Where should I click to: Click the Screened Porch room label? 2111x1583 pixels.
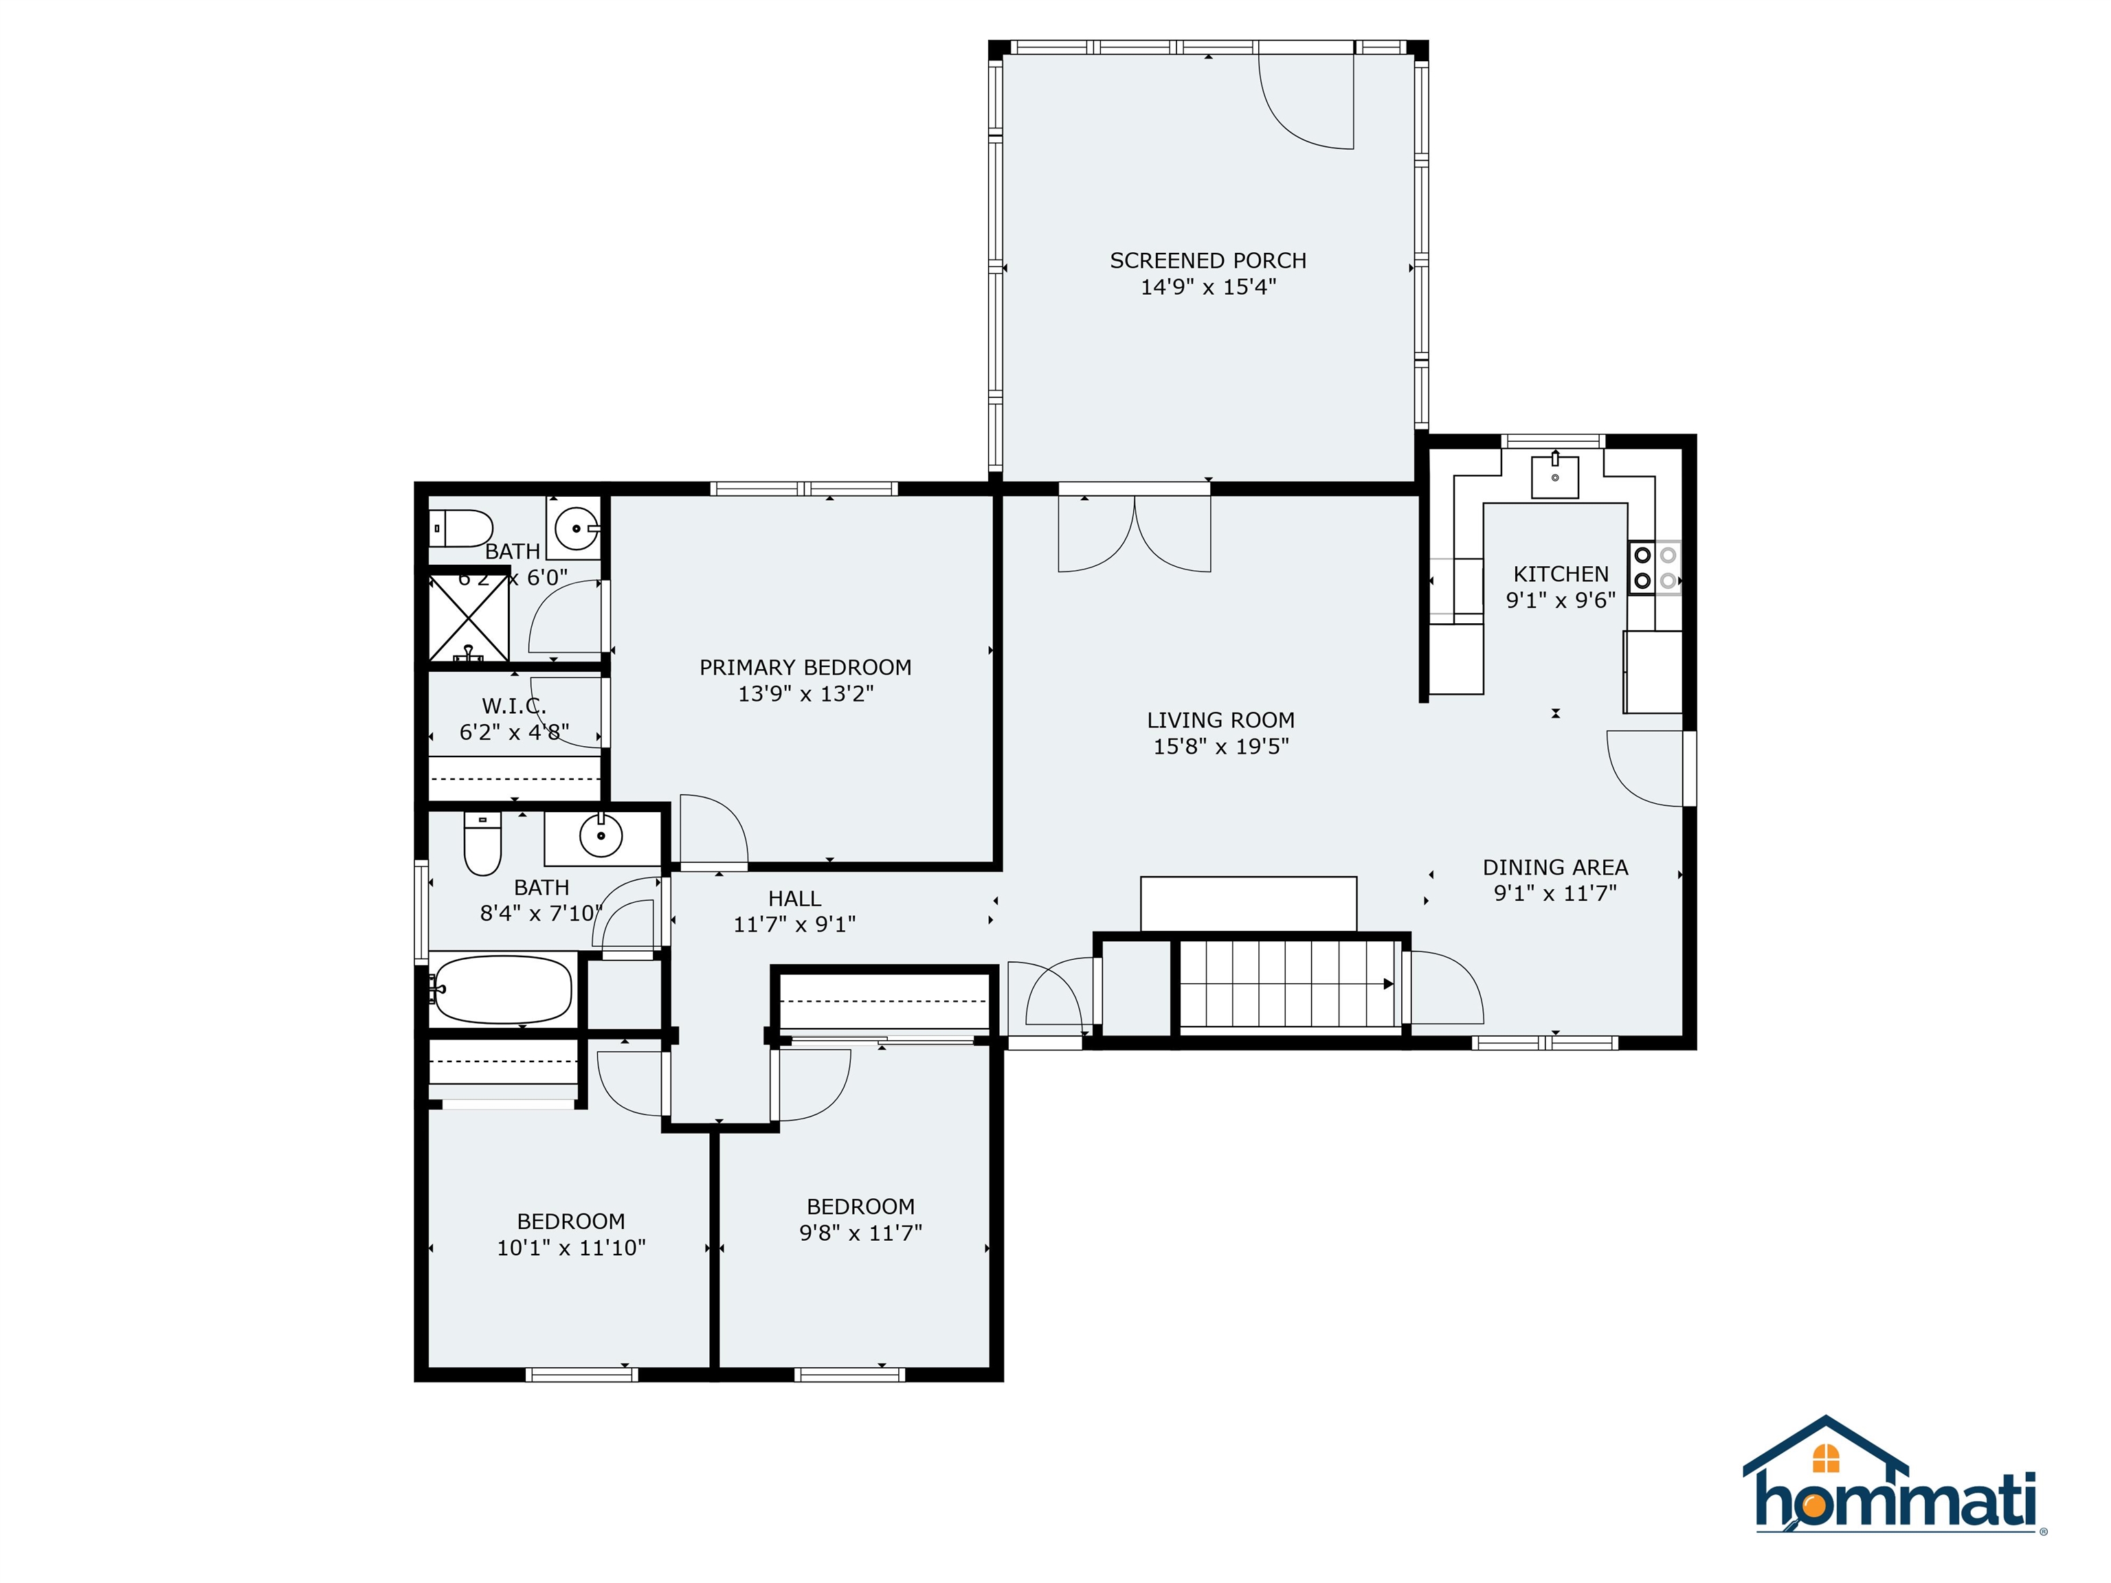(x=1207, y=260)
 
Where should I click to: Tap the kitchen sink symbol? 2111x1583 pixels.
(x=1554, y=476)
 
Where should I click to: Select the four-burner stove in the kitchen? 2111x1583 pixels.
(x=1655, y=568)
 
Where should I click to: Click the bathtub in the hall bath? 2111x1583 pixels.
(x=503, y=989)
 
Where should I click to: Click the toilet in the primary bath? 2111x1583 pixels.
(x=461, y=528)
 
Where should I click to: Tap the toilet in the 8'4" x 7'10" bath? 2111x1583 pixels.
(x=482, y=844)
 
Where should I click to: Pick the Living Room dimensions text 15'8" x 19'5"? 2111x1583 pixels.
(x=1220, y=746)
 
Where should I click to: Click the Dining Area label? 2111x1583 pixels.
(x=1554, y=867)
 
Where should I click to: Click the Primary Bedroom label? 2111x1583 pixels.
(x=805, y=667)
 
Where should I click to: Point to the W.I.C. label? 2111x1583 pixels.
(x=513, y=706)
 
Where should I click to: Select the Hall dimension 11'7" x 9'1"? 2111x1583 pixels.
(x=794, y=923)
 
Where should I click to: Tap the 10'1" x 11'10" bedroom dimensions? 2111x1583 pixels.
(x=570, y=1247)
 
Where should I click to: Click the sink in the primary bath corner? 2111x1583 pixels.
(x=577, y=528)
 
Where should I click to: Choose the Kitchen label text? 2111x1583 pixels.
(x=1561, y=574)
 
